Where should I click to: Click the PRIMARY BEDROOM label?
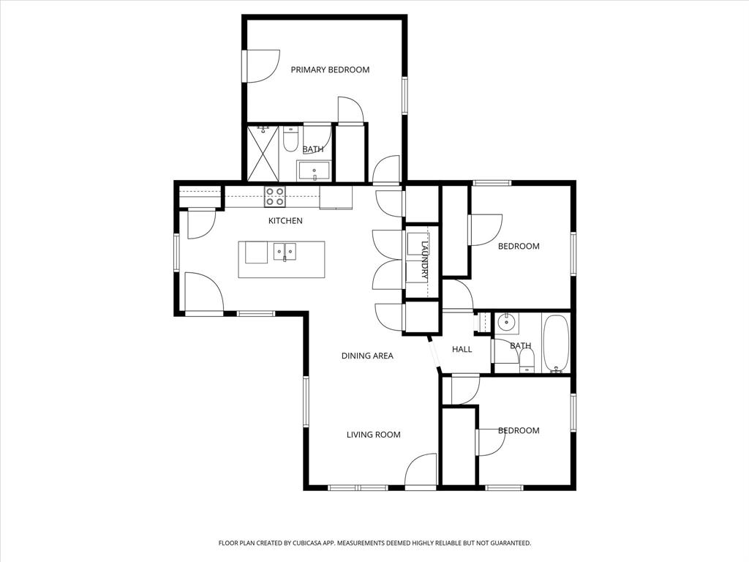pos(330,70)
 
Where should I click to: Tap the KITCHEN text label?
pos(285,220)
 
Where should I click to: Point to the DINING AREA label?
pos(367,356)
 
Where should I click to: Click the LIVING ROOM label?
pos(373,435)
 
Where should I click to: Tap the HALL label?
pos(462,349)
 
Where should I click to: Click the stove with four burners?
pos(275,196)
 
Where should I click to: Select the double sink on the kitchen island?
pos(285,252)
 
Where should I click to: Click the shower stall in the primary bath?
pos(263,153)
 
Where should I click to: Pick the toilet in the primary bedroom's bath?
pos(290,139)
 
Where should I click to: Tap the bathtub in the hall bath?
pos(556,344)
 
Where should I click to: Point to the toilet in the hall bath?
pos(527,360)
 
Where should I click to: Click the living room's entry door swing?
pos(421,470)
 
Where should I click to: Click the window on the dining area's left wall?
pos(306,401)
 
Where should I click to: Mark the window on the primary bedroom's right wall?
pos(404,95)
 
